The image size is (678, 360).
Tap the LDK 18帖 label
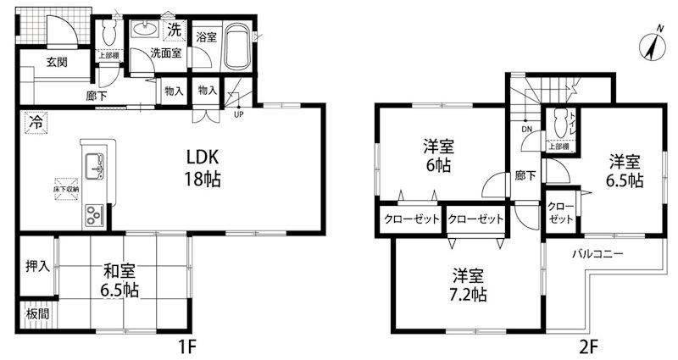coord(203,168)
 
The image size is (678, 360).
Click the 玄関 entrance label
coord(57,61)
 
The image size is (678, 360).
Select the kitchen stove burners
coord(92,215)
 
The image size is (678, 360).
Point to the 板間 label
coord(37,313)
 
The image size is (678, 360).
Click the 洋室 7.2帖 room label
coord(469,285)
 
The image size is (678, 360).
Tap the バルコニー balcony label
coord(597,253)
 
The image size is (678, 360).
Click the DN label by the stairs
coord(526,130)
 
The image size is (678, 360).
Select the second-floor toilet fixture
coord(559,125)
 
